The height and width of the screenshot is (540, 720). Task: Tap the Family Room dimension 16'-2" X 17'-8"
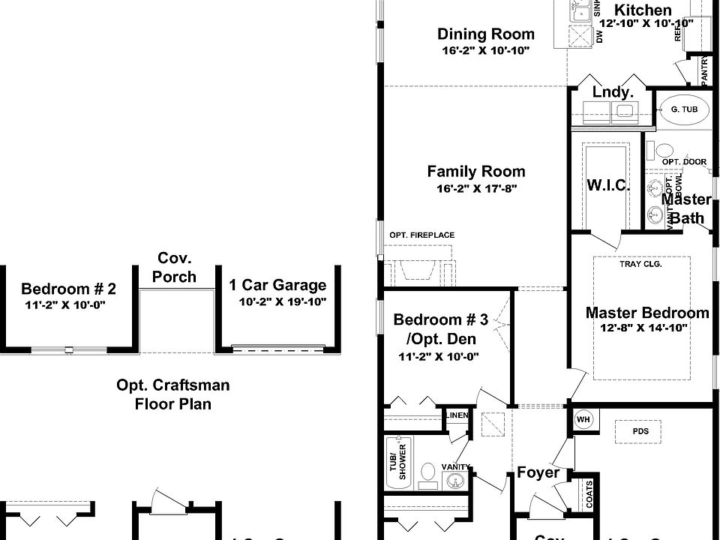[x=476, y=189]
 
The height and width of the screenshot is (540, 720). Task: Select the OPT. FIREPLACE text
[x=421, y=235]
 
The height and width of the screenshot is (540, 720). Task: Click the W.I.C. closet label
[x=607, y=185]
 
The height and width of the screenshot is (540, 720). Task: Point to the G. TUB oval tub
[x=684, y=109]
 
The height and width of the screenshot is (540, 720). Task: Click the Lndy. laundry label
[x=613, y=92]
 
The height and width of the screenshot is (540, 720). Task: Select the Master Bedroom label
[x=646, y=313]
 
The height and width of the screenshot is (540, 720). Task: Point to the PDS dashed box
[x=640, y=432]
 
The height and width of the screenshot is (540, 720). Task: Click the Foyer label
[x=538, y=472]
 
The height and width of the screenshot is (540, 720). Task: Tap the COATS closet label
[x=589, y=494]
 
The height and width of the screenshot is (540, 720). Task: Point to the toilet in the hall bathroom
[x=427, y=472]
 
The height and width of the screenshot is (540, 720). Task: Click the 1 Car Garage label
[x=277, y=285]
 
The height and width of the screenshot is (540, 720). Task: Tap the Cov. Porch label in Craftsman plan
[x=174, y=267]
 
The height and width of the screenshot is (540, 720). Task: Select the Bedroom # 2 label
[x=68, y=289]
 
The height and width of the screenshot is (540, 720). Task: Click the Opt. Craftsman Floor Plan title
[x=172, y=394]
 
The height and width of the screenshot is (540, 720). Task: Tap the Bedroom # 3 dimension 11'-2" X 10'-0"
[x=439, y=357]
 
